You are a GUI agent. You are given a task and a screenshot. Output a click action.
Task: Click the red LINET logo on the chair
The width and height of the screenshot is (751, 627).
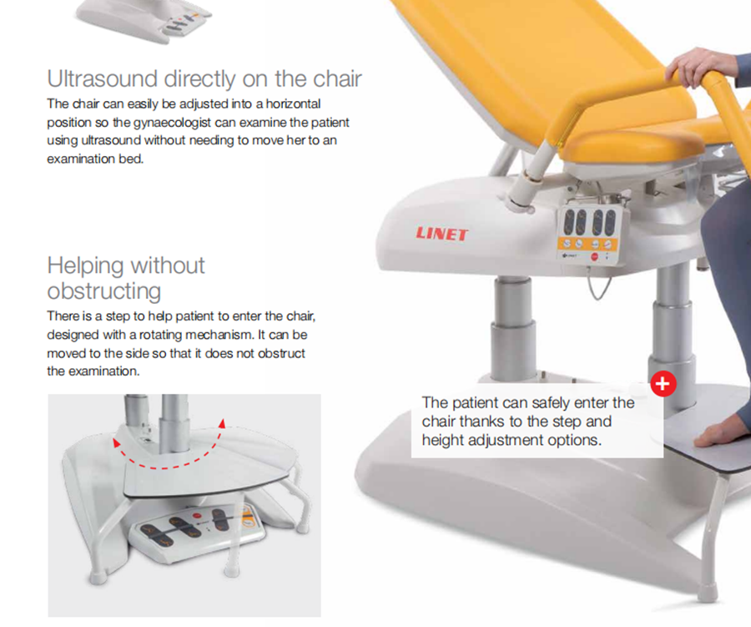(441, 234)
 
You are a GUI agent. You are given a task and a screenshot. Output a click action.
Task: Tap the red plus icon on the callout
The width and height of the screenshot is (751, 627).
(663, 383)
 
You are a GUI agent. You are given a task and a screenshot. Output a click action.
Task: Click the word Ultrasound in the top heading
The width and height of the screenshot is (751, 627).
(103, 78)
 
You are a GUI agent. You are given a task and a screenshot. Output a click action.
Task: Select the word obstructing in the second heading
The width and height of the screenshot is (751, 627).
(104, 291)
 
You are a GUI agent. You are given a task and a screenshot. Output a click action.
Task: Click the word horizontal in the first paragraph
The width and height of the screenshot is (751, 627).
(293, 104)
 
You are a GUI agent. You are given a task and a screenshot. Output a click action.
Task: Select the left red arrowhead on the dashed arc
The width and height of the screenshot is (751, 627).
(116, 442)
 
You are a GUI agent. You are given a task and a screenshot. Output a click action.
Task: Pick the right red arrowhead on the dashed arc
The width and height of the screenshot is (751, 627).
(222, 422)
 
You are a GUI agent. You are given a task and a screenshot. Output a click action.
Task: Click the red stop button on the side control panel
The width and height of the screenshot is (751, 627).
(594, 257)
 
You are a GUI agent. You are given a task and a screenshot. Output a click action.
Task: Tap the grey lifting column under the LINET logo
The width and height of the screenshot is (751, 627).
(514, 328)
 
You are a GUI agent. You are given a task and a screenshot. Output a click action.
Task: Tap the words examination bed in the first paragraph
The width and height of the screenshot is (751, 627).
(95, 159)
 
